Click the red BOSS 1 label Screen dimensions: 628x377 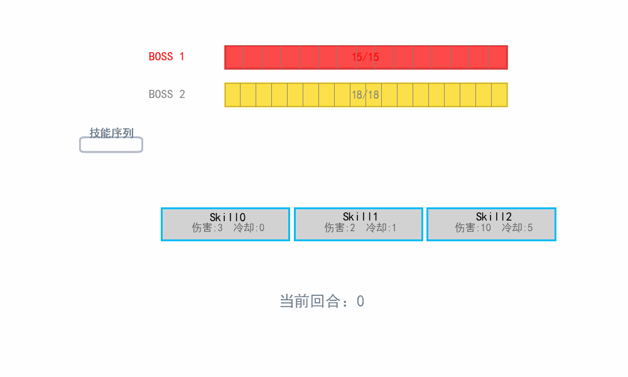click(x=166, y=57)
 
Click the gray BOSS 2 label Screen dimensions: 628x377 click(x=166, y=94)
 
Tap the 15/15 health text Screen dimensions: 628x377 click(x=365, y=57)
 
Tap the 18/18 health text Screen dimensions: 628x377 click(x=365, y=95)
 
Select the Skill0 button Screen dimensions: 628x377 click(x=225, y=224)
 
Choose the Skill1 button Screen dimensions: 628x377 click(x=359, y=224)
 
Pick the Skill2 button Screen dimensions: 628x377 click(x=492, y=224)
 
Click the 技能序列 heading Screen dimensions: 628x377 click(x=111, y=133)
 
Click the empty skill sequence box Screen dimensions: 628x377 click(x=111, y=145)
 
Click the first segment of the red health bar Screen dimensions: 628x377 click(x=234, y=57)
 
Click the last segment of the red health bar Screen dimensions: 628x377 click(x=498, y=57)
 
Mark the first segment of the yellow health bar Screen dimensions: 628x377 click(x=233, y=95)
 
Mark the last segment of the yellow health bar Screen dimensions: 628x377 click(x=499, y=95)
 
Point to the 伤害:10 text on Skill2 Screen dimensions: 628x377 click(x=473, y=228)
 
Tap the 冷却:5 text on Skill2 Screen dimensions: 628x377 click(x=517, y=228)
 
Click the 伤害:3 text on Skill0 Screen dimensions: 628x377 click(x=207, y=228)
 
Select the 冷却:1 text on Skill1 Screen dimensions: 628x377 click(x=381, y=228)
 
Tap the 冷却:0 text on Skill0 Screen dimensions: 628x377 click(x=249, y=228)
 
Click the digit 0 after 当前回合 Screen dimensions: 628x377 click(x=360, y=301)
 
